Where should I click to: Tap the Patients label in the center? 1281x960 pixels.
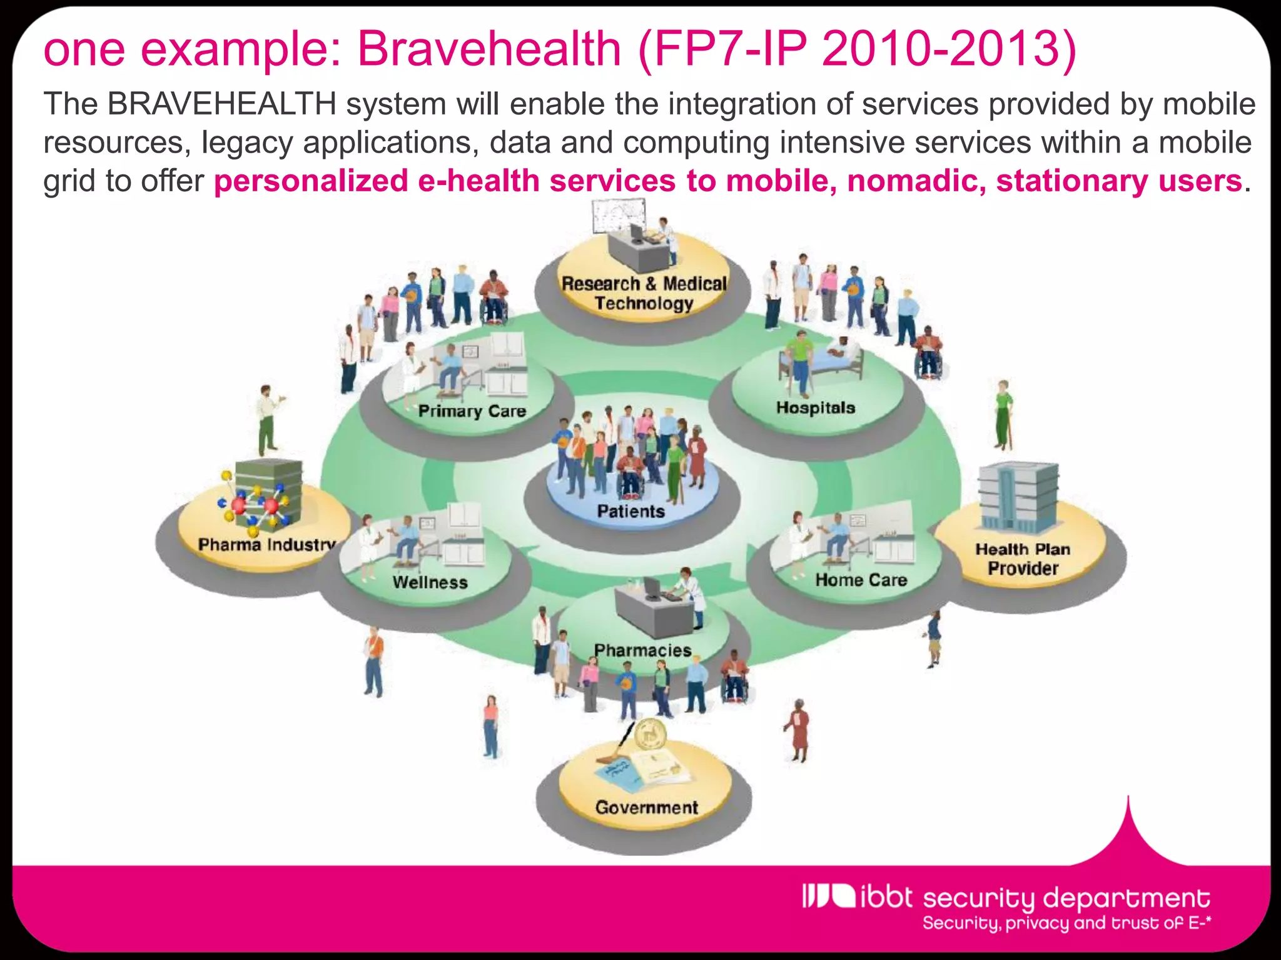click(630, 512)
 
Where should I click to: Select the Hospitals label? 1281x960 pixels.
click(815, 408)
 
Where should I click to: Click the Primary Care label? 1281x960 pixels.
click(472, 411)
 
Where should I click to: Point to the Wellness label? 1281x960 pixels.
click(430, 582)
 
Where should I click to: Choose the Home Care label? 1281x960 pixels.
click(861, 581)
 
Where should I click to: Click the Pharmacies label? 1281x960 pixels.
click(642, 651)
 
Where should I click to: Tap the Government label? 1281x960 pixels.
click(646, 807)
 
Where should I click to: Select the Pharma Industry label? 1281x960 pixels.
click(266, 545)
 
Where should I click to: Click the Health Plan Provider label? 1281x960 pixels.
click(1023, 559)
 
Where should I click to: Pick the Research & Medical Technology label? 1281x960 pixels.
click(644, 293)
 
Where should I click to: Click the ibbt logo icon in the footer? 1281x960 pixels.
click(828, 896)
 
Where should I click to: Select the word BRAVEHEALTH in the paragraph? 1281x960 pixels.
click(222, 104)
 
